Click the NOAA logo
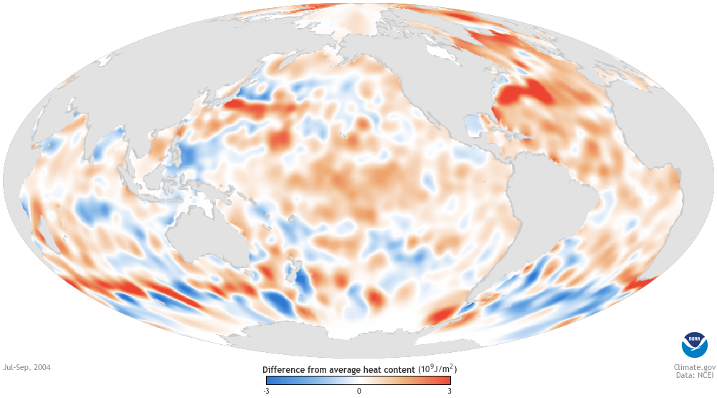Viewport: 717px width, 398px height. [693, 345]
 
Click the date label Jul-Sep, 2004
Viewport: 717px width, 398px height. [27, 367]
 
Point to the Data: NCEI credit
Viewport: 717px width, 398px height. [689, 375]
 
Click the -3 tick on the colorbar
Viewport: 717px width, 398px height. [266, 391]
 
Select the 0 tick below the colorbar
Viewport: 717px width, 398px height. [358, 391]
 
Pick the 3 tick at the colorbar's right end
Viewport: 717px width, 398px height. [450, 391]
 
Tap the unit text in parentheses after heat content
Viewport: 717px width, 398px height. [437, 369]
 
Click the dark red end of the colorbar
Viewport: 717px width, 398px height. [446, 381]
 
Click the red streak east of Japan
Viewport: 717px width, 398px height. [251, 108]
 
